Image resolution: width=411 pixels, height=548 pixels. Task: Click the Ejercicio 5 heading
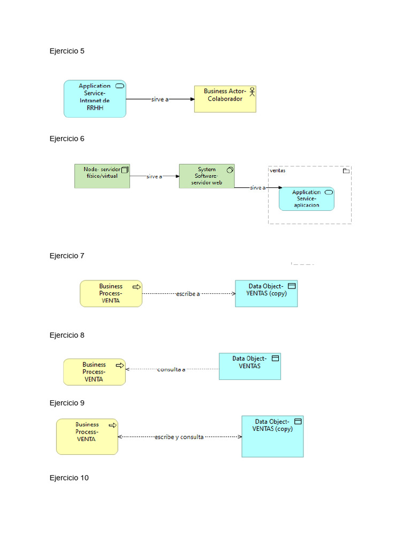coord(67,51)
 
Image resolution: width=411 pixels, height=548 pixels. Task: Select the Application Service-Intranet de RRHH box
coord(95,98)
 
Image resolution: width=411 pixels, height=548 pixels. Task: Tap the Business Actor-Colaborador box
coord(225,99)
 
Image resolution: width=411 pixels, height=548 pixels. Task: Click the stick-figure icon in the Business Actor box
coord(252,92)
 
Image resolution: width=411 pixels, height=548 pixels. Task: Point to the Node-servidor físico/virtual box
coord(102,176)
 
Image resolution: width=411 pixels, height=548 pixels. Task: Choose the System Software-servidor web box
coord(207,176)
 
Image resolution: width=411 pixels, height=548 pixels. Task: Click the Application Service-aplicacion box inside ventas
coord(306,199)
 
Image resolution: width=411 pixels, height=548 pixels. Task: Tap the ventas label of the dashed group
coord(278,171)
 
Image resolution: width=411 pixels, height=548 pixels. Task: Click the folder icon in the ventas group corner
coord(346,171)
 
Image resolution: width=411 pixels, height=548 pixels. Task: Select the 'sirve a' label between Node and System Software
coord(154,176)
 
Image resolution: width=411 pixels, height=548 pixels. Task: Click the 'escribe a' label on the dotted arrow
coord(188,294)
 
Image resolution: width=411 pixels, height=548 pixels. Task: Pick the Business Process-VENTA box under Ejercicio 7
coord(111,293)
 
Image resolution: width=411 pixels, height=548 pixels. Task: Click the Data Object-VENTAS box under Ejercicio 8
coord(249,366)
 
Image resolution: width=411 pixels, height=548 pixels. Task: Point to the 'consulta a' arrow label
coord(171,369)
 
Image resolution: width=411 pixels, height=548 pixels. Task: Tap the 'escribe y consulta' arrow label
coord(179,437)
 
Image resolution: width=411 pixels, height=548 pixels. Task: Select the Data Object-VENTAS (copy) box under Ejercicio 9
coord(272,436)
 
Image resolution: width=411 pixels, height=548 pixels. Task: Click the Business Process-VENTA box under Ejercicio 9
coord(87,436)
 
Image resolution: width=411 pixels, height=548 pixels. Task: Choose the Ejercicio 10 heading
coord(69,478)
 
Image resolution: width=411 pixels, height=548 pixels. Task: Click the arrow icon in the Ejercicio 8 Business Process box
coord(120,366)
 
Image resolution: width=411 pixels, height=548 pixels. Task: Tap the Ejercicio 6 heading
coord(67,139)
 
